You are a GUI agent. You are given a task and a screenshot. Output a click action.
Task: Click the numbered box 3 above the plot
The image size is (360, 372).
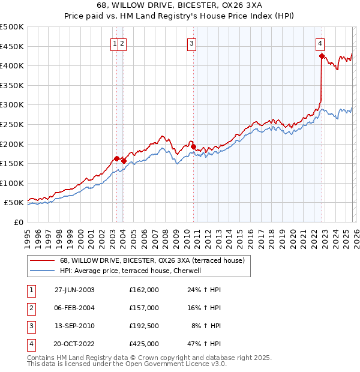[191, 43]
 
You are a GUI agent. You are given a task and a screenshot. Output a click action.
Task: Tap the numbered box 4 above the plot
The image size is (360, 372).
[320, 43]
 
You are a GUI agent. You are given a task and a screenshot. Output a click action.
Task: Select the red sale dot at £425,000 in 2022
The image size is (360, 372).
[322, 56]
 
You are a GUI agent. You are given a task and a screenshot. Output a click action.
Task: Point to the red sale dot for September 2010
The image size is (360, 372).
[193, 146]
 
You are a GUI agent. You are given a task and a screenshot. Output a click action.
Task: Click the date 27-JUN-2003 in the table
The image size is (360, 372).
[74, 290]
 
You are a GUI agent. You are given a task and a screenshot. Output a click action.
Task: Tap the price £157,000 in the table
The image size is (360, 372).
[143, 308]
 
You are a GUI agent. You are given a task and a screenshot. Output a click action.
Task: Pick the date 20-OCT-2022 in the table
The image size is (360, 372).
[75, 344]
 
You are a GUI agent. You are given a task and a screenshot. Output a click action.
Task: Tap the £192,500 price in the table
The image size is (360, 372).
[143, 326]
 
